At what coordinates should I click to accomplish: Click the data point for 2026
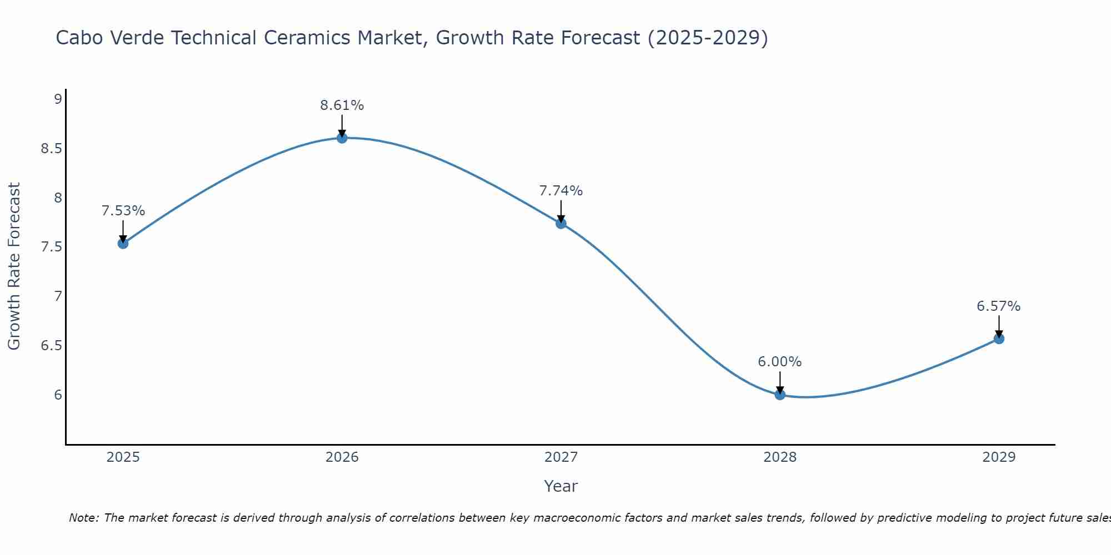pos(342,138)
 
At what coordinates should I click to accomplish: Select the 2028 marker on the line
pos(780,395)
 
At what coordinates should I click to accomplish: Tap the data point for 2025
pos(123,243)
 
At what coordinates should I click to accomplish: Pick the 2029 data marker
pos(999,339)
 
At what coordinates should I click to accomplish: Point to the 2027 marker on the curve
pos(561,223)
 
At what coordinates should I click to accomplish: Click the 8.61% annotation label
pos(342,105)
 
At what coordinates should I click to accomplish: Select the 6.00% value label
pos(780,362)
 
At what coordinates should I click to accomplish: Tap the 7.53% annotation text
pos(123,211)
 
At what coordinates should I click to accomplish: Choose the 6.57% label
pos(999,306)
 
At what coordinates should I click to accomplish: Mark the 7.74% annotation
pos(561,191)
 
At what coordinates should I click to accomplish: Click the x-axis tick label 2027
pos(561,457)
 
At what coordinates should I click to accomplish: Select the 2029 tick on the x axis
pos(999,457)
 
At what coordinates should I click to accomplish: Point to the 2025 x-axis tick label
pos(123,457)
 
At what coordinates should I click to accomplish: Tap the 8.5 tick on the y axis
pos(51,149)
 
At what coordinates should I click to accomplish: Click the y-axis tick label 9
pos(58,99)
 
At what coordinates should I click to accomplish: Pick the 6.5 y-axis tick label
pos(51,346)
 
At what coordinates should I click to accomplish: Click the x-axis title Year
pos(561,486)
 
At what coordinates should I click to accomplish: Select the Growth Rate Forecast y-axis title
pos(14,266)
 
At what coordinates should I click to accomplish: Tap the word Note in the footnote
pos(83,518)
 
